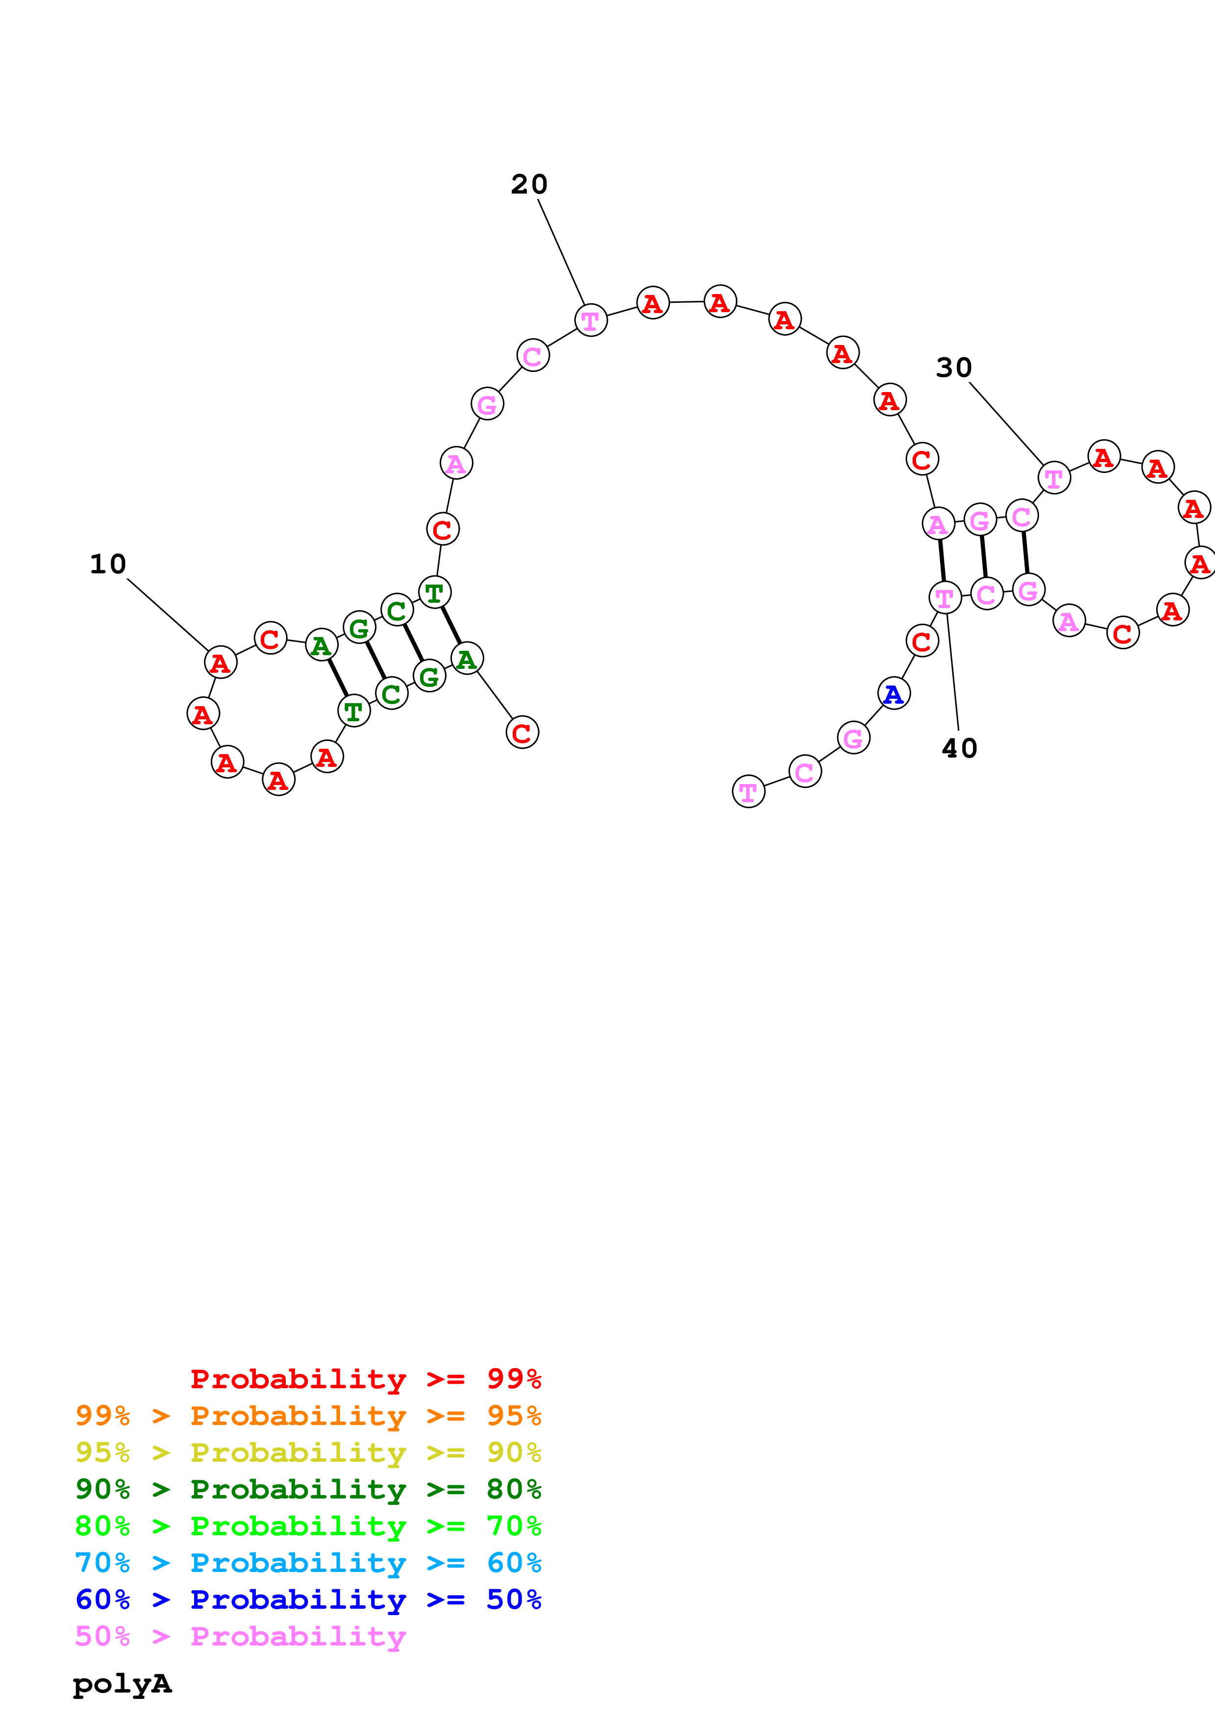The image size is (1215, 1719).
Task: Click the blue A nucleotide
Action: coord(893,694)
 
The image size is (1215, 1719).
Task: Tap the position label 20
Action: coord(529,184)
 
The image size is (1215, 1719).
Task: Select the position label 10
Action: coord(108,564)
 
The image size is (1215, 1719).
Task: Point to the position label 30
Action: coord(954,368)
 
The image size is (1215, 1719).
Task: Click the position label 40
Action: coord(959,748)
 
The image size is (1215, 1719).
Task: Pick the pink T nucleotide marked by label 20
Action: coord(591,320)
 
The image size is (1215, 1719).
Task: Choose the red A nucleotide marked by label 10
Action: coord(220,663)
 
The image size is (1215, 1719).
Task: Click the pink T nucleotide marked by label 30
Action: coord(1053,478)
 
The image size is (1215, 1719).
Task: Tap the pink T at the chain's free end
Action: coord(748,791)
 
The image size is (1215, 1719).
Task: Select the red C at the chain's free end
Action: coord(522,732)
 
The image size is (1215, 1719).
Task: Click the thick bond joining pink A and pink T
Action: coord(942,560)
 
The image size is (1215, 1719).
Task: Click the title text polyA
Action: coord(122,1683)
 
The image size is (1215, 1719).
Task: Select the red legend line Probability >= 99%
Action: coord(365,1379)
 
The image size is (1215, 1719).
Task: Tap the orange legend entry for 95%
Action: coord(308,1416)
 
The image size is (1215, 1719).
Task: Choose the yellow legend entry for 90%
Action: coord(308,1452)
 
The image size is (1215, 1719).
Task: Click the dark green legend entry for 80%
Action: coord(308,1489)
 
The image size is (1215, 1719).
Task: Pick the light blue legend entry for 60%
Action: coord(308,1563)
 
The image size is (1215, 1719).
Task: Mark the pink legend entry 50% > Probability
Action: coord(240,1636)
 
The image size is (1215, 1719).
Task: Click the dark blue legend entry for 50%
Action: coord(308,1599)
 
